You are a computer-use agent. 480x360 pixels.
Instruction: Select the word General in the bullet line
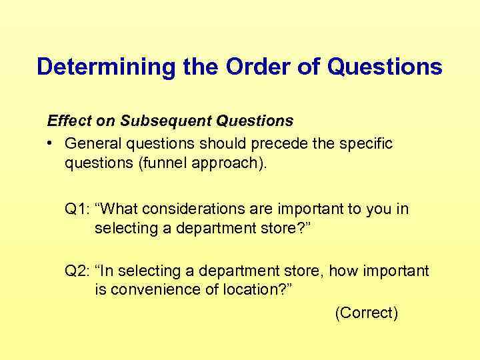(92, 144)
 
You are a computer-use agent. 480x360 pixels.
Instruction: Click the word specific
(367, 144)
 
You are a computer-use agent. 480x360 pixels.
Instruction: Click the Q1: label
(77, 209)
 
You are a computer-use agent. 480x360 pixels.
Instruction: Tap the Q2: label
(77, 271)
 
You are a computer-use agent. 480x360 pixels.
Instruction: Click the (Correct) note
(366, 313)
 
